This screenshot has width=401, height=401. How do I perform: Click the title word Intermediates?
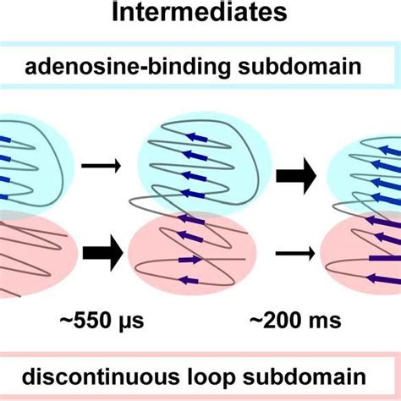[200, 14]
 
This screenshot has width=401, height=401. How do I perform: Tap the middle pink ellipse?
[190, 251]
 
